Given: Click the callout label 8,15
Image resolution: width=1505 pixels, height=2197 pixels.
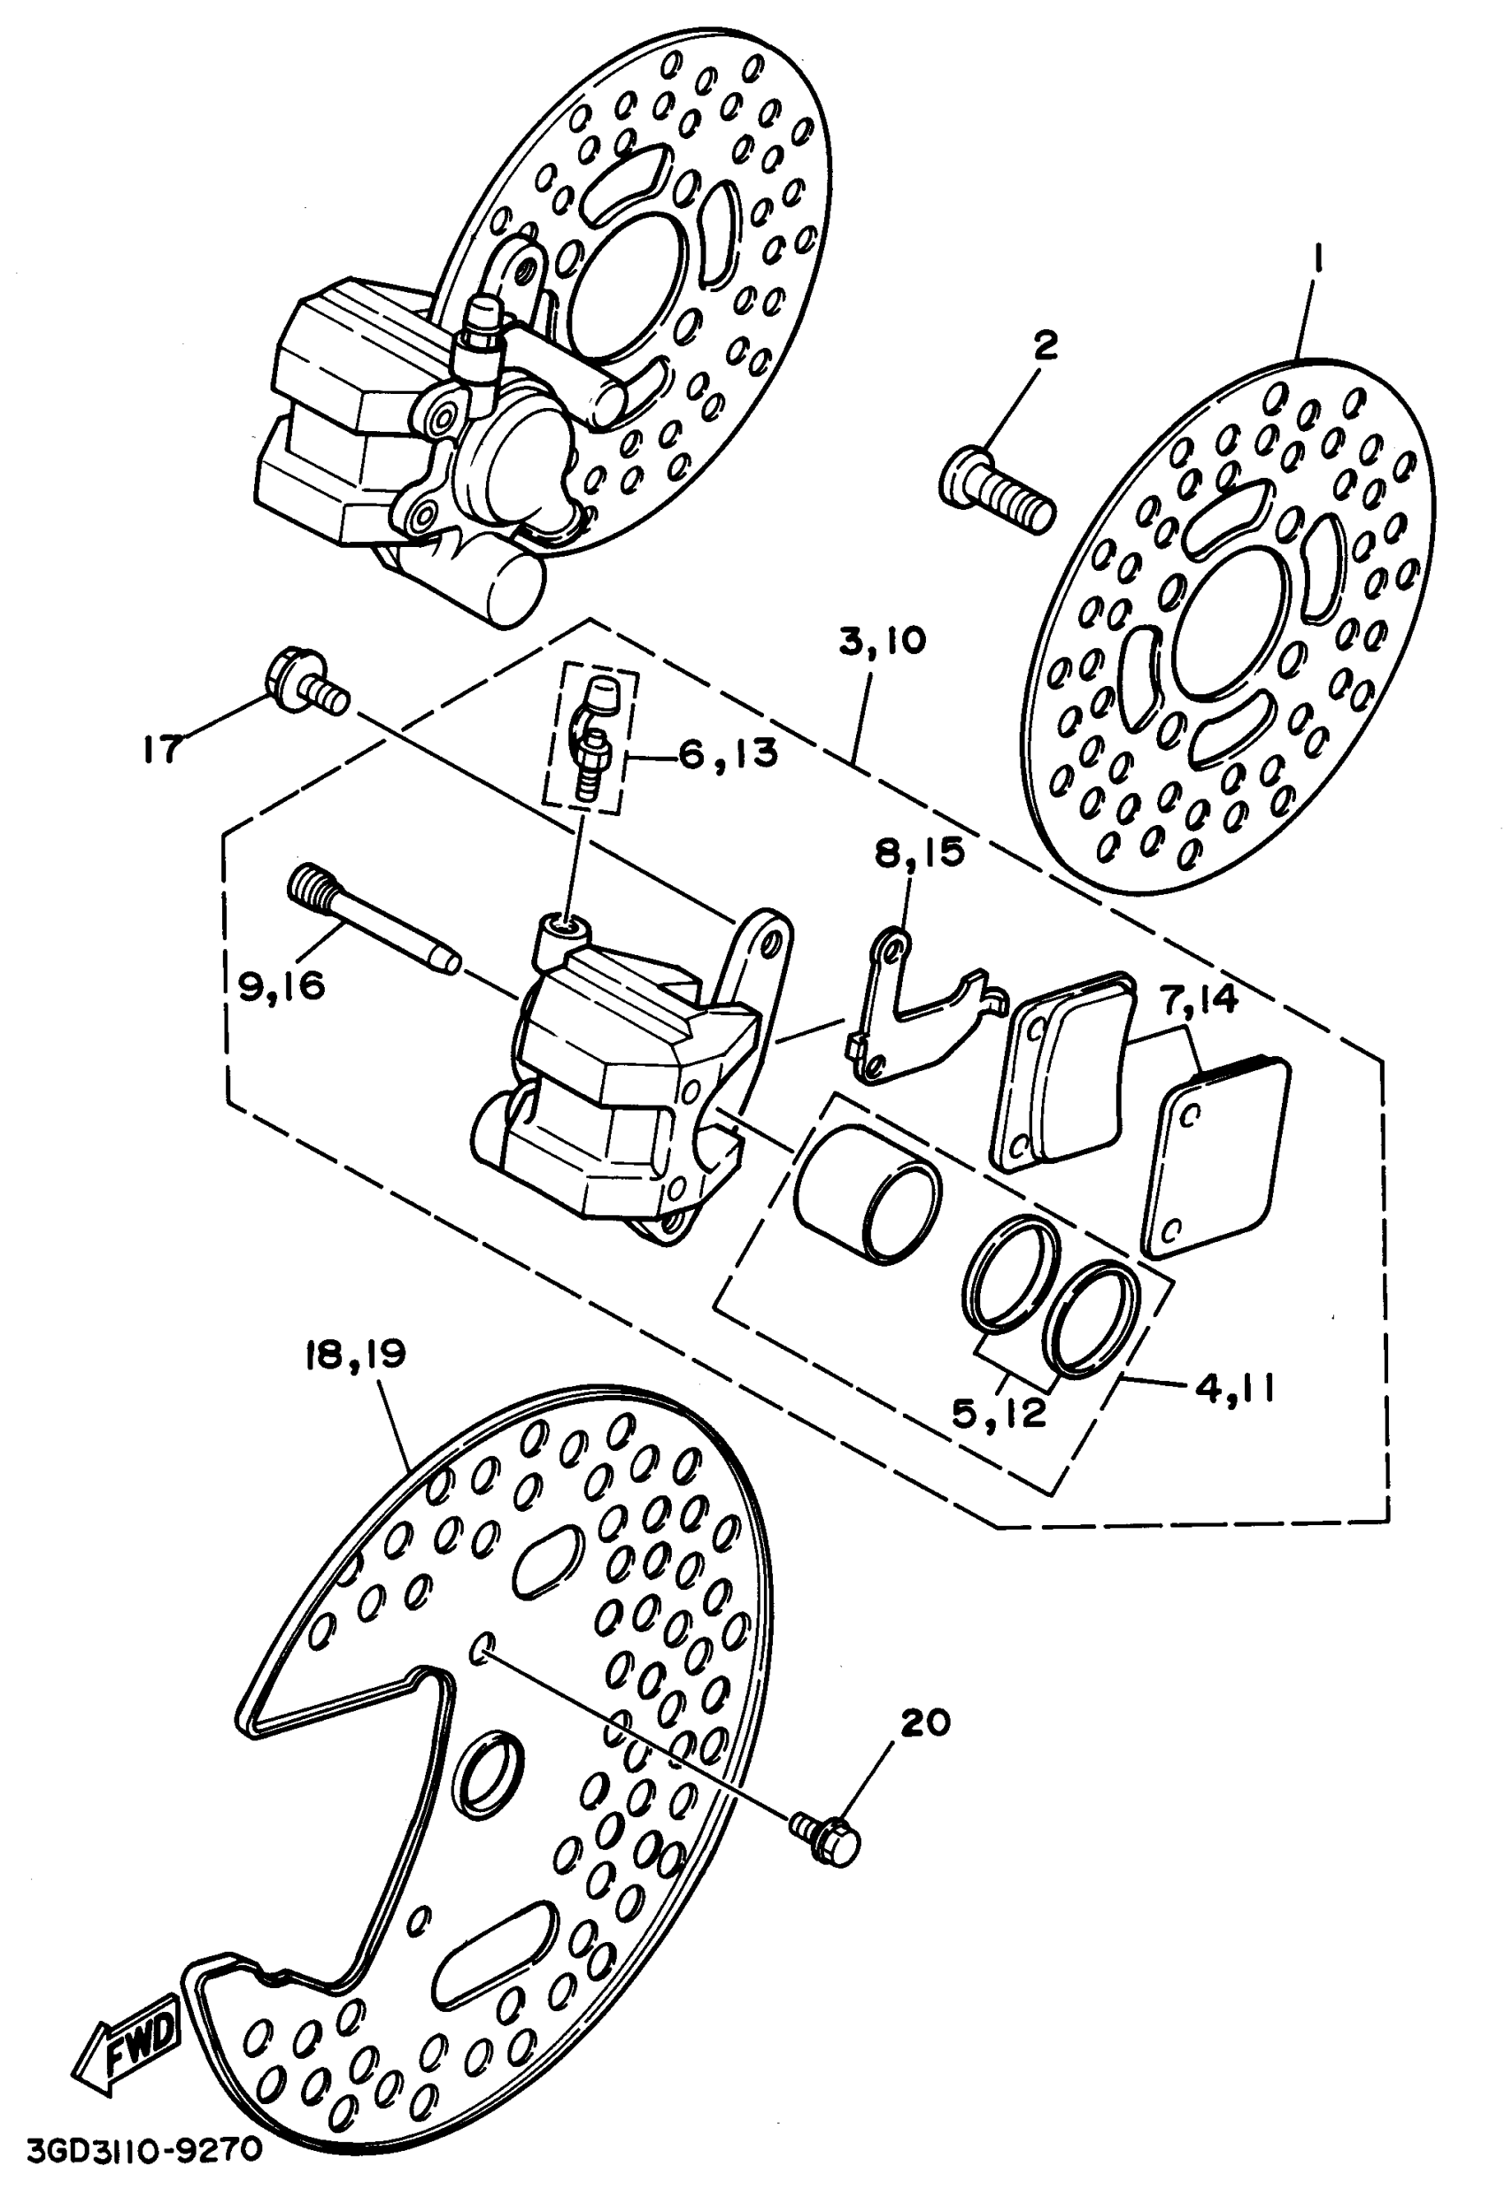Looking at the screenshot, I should (x=919, y=852).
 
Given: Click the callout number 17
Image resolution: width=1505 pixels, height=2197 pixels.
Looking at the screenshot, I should (x=162, y=750).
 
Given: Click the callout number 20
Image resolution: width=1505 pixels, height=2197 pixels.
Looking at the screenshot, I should (x=925, y=1723).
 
